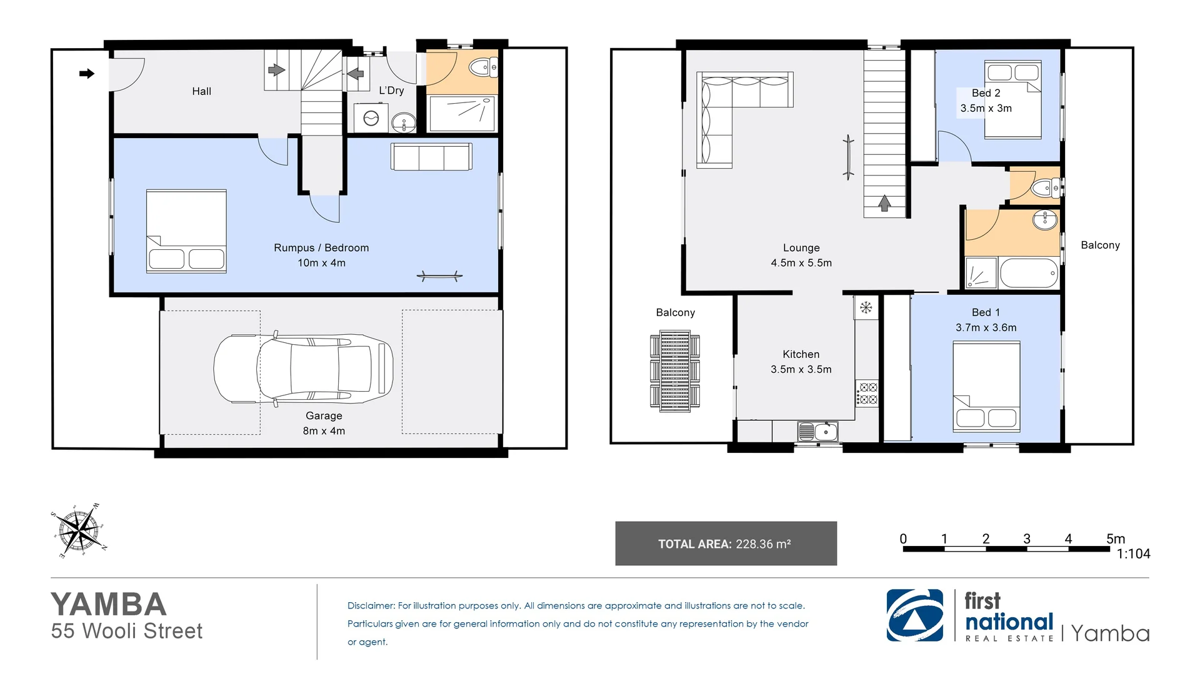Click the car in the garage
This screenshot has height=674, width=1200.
pyautogui.click(x=303, y=369)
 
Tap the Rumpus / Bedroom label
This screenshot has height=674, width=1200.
pyautogui.click(x=321, y=248)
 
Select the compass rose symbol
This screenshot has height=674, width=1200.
pyautogui.click(x=77, y=531)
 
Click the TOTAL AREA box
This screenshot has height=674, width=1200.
pyautogui.click(x=726, y=543)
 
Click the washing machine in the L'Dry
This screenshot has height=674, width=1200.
pyautogui.click(x=371, y=118)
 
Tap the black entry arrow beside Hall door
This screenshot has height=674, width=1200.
pyautogui.click(x=87, y=74)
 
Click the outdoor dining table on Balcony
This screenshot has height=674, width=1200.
pyautogui.click(x=674, y=371)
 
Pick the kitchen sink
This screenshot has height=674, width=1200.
pyautogui.click(x=817, y=432)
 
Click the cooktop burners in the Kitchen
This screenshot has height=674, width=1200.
pyautogui.click(x=867, y=394)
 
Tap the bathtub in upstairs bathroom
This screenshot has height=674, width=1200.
pyautogui.click(x=1029, y=274)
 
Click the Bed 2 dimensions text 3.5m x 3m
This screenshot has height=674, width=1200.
pyautogui.click(x=986, y=108)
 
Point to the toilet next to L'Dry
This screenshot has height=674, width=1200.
pyautogui.click(x=482, y=67)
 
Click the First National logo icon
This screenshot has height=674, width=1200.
pyautogui.click(x=914, y=615)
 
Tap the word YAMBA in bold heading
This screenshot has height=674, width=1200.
pyautogui.click(x=109, y=604)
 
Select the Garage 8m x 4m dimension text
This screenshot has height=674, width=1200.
pyautogui.click(x=324, y=431)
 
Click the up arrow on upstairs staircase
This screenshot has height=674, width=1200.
pyautogui.click(x=884, y=203)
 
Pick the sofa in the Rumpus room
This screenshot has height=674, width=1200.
pyautogui.click(x=431, y=157)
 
